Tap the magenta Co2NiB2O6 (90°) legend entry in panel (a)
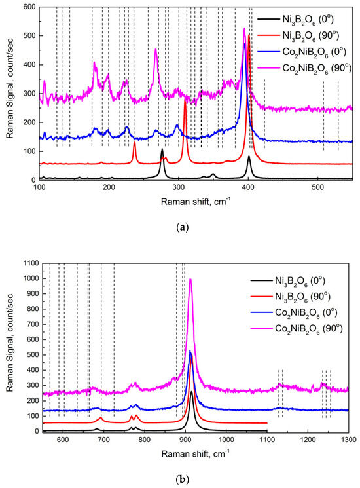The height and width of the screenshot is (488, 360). (304, 68)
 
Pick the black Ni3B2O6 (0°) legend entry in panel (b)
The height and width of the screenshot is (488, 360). (287, 282)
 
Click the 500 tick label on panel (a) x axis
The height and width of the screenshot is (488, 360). (317, 187)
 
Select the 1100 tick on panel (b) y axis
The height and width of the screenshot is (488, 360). (31, 263)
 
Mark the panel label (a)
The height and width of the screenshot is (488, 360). (183, 227)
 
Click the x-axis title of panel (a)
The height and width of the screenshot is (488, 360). (196, 201)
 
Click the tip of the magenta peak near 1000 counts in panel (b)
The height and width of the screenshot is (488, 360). (190, 279)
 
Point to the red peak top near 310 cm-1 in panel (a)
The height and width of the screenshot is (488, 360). (185, 99)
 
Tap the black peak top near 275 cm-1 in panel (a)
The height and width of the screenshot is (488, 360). (162, 149)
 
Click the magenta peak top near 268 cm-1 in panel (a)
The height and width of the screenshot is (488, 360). (156, 49)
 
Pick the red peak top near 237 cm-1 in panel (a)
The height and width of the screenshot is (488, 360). (134, 142)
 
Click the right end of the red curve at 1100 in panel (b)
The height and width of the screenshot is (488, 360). (267, 423)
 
